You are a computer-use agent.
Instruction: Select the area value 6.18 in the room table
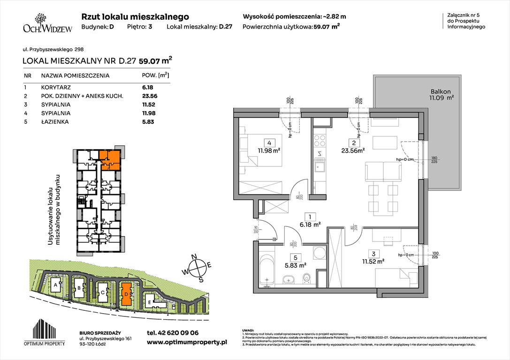pos(148,87)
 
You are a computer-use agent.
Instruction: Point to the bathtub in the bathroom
pos(266,270)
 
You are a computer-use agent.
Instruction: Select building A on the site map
pos(55,284)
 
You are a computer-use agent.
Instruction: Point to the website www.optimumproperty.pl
pos(186,343)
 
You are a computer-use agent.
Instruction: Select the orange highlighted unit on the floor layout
pos(109,160)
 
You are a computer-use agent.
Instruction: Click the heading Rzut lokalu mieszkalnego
pos(135,16)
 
